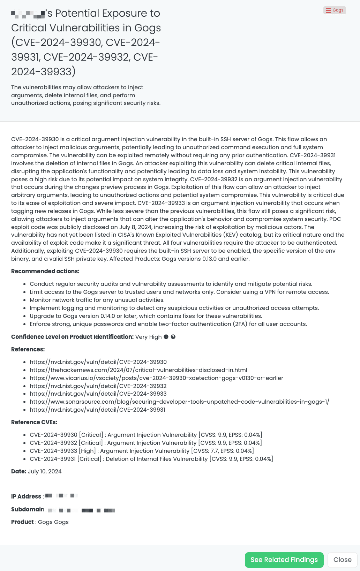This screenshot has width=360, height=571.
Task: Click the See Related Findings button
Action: (x=284, y=559)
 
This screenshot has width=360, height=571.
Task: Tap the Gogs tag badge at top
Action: (x=335, y=10)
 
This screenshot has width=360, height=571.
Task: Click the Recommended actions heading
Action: (x=45, y=271)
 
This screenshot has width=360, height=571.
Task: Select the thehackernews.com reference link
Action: (x=138, y=370)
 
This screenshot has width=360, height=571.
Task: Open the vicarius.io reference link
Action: (x=156, y=378)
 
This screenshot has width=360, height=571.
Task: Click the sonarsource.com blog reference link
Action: (x=179, y=402)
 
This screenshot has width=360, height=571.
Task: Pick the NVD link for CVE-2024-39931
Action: (x=97, y=410)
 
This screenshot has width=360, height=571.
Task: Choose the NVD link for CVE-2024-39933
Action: (x=98, y=394)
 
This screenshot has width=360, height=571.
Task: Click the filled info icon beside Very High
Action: (x=166, y=337)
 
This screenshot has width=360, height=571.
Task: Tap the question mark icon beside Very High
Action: (x=173, y=337)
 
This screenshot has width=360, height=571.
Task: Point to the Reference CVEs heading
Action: (x=34, y=422)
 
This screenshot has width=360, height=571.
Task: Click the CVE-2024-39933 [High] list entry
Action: (x=142, y=451)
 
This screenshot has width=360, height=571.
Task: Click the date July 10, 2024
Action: (x=45, y=471)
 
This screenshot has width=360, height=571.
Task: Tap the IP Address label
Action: (x=26, y=496)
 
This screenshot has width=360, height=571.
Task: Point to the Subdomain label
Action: (x=28, y=509)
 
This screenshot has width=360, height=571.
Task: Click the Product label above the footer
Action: (x=22, y=522)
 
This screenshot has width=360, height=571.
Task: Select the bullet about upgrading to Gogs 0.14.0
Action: (x=146, y=316)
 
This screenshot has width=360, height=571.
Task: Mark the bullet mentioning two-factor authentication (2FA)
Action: (x=168, y=324)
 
